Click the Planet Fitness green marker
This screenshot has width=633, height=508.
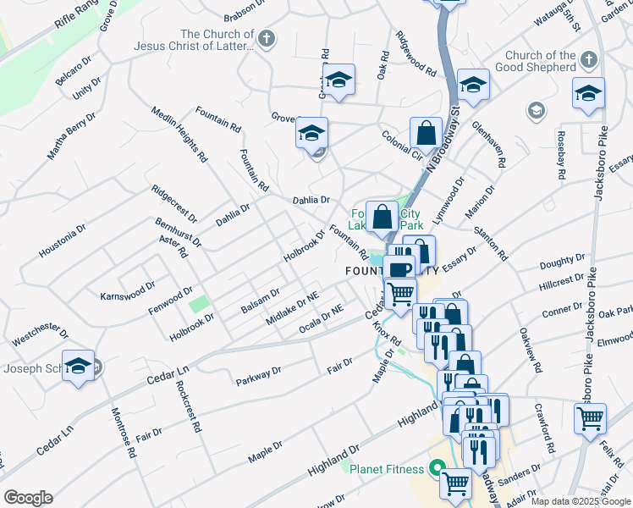438,467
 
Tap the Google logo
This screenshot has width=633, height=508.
28,498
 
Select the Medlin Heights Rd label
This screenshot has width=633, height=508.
179,134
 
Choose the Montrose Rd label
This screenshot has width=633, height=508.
124,434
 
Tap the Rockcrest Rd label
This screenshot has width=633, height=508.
189,407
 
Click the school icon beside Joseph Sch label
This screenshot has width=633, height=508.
79,366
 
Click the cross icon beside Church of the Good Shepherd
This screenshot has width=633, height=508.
589,60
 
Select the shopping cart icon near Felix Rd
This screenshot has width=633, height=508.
590,417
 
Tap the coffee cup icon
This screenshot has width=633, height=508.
399,269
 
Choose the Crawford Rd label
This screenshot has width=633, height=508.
543,427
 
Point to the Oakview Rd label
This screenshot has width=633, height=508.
527,347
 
